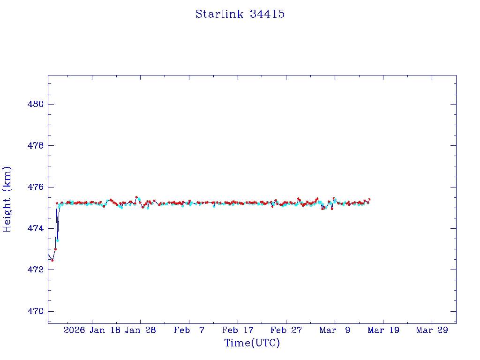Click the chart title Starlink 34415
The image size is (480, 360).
pyautogui.click(x=240, y=14)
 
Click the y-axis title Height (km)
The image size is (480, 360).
pyautogui.click(x=7, y=199)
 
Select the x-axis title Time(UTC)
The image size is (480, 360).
pyautogui.click(x=252, y=343)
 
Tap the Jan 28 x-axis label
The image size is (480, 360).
pyautogui.click(x=141, y=330)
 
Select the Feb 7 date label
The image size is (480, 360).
pyautogui.click(x=189, y=330)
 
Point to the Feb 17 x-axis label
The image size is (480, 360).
pyautogui.click(x=238, y=330)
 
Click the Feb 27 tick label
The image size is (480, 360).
pyautogui.click(x=286, y=330)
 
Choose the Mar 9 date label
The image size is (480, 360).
pyautogui.click(x=335, y=330)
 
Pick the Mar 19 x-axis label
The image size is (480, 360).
pyautogui.click(x=383, y=330)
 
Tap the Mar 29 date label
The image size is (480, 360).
pyautogui.click(x=432, y=330)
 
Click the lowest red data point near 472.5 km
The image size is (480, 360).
pyautogui.click(x=52, y=260)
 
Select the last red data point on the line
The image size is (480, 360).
pyautogui.click(x=369, y=200)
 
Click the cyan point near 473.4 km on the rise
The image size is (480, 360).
pyautogui.click(x=58, y=240)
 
